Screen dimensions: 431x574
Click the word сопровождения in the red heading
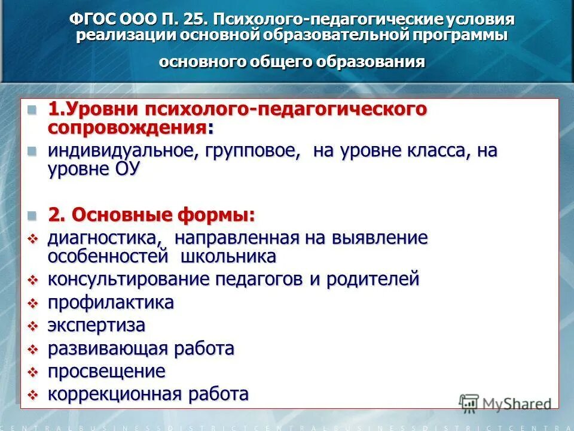tap(128, 128)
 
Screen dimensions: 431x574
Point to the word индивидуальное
tap(120, 151)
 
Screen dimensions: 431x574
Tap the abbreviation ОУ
tap(126, 169)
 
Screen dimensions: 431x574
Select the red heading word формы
tap(215, 215)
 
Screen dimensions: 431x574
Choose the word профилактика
tap(111, 303)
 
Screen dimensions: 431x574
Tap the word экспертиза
tap(96, 326)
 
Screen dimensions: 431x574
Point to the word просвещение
tap(106, 371)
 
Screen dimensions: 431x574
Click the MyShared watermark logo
tap(506, 403)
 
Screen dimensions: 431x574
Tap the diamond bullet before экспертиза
tap(33, 326)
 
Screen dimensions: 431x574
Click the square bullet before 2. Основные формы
tap(32, 215)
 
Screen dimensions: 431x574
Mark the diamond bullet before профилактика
tap(33, 303)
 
